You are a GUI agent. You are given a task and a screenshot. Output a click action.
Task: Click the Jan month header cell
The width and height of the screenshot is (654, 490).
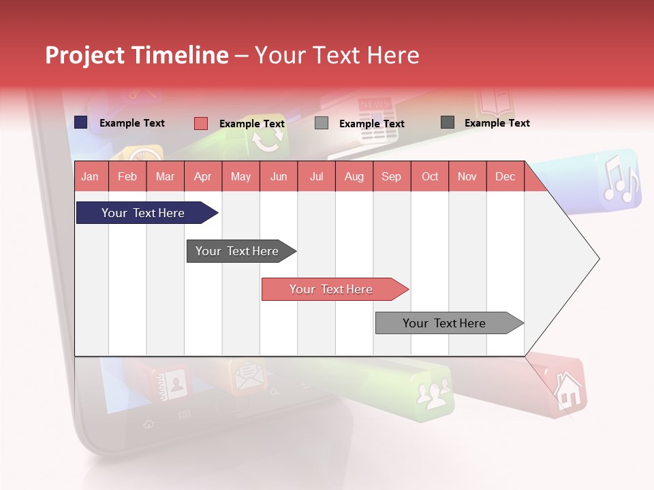click(x=91, y=176)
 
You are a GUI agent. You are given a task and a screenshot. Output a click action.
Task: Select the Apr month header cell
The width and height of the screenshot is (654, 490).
click(x=203, y=176)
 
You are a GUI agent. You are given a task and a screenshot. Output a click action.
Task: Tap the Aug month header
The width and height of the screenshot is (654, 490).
click(x=354, y=176)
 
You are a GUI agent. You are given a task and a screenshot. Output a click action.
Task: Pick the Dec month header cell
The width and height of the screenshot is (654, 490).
click(x=505, y=176)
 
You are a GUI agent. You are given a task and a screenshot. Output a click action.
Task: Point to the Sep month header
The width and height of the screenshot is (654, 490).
click(x=392, y=176)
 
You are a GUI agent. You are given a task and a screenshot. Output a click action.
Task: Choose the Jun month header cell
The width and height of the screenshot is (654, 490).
click(x=279, y=176)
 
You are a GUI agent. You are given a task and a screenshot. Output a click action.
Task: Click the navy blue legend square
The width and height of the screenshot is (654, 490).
click(x=81, y=122)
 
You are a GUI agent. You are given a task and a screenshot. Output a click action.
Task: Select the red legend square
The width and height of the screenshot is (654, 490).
click(x=201, y=123)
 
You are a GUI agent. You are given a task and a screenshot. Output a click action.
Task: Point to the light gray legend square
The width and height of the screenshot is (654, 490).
click(x=322, y=123)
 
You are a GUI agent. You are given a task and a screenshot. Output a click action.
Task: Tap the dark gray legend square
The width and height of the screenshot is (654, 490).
click(x=448, y=122)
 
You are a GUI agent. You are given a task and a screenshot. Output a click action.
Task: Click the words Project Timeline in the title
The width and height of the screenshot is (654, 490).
click(x=136, y=55)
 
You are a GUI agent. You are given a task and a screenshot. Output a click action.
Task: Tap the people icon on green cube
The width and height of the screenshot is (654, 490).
click(x=435, y=393)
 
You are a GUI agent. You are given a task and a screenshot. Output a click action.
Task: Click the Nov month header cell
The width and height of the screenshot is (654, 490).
click(x=467, y=176)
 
